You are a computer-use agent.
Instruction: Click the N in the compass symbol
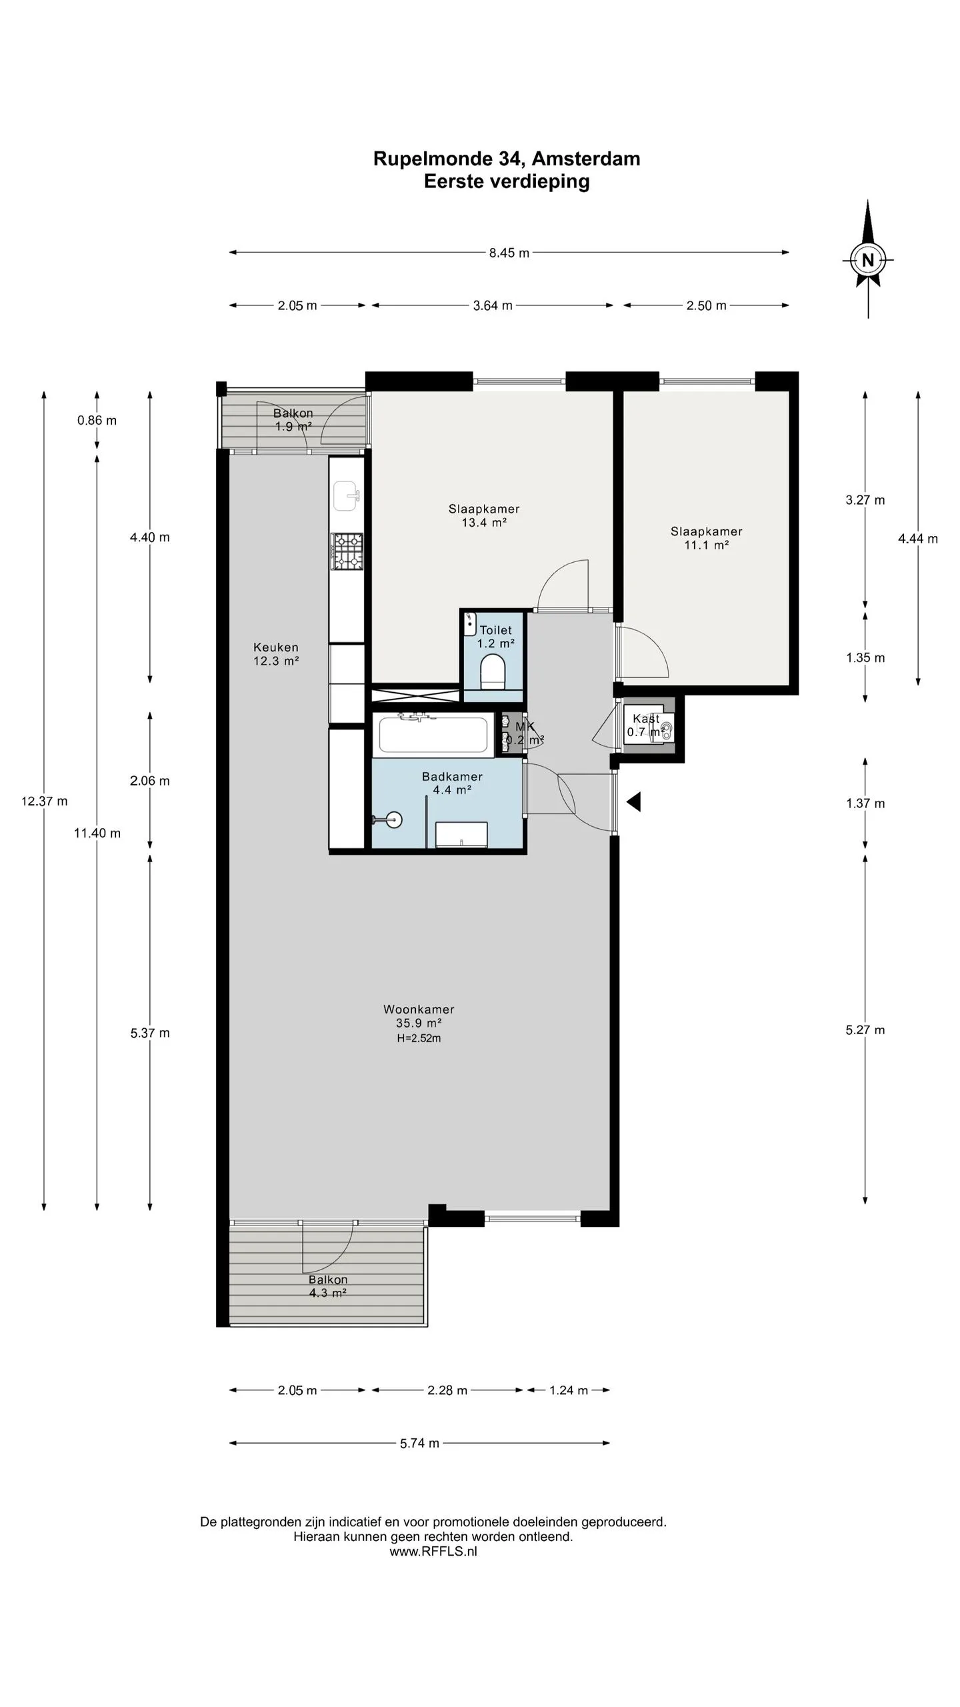[x=867, y=260]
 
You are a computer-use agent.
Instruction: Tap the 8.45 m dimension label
[x=509, y=253]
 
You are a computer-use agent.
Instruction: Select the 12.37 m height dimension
[x=44, y=801]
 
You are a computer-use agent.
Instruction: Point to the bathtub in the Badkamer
[x=433, y=734]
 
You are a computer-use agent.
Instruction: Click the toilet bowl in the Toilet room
[x=493, y=671]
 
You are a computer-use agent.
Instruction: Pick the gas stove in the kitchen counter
[x=347, y=551]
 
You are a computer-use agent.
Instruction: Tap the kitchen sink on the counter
[x=347, y=495]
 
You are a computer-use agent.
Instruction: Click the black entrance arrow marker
[x=633, y=801]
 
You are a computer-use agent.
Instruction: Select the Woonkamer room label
[x=419, y=1010]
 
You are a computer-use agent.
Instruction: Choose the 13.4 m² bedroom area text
[x=485, y=523]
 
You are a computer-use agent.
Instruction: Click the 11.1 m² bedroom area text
[x=707, y=545]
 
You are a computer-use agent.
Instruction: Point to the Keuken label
[x=276, y=647]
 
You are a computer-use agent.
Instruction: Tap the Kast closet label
[x=646, y=719]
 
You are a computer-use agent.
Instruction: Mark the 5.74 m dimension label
[x=420, y=1444]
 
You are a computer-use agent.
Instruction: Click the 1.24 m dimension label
[x=569, y=1390]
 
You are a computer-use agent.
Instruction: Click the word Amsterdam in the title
[x=586, y=159]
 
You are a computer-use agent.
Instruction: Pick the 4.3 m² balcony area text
[x=327, y=1293]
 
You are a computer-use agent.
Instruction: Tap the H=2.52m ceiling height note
[x=419, y=1038]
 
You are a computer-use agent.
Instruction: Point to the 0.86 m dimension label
[x=97, y=420]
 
